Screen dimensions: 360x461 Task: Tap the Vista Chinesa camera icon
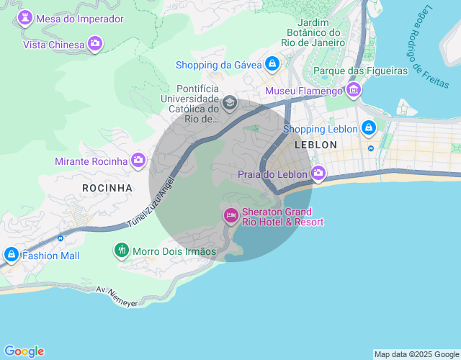95,44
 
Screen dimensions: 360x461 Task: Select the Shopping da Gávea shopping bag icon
272,65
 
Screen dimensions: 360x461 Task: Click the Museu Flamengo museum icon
354,91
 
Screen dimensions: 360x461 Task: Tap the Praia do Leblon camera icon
318,174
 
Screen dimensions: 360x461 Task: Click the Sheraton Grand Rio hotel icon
231,215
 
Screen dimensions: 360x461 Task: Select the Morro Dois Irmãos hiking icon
121,251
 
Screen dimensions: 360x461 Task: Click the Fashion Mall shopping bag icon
11,255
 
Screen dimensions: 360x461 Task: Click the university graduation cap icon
230,103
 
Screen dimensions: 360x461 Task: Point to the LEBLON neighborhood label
315,145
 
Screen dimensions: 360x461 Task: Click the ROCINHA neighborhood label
107,188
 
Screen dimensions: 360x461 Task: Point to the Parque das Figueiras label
360,71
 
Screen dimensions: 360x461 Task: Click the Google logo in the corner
23,351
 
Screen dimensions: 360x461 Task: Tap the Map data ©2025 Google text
416,354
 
